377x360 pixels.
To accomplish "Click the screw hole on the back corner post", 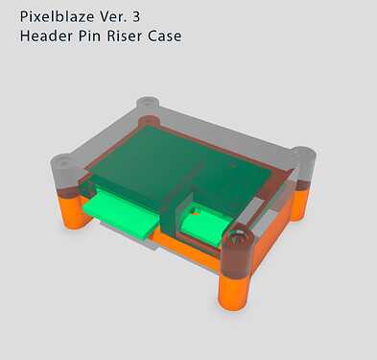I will (147, 103).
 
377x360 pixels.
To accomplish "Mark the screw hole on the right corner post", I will (304, 154).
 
